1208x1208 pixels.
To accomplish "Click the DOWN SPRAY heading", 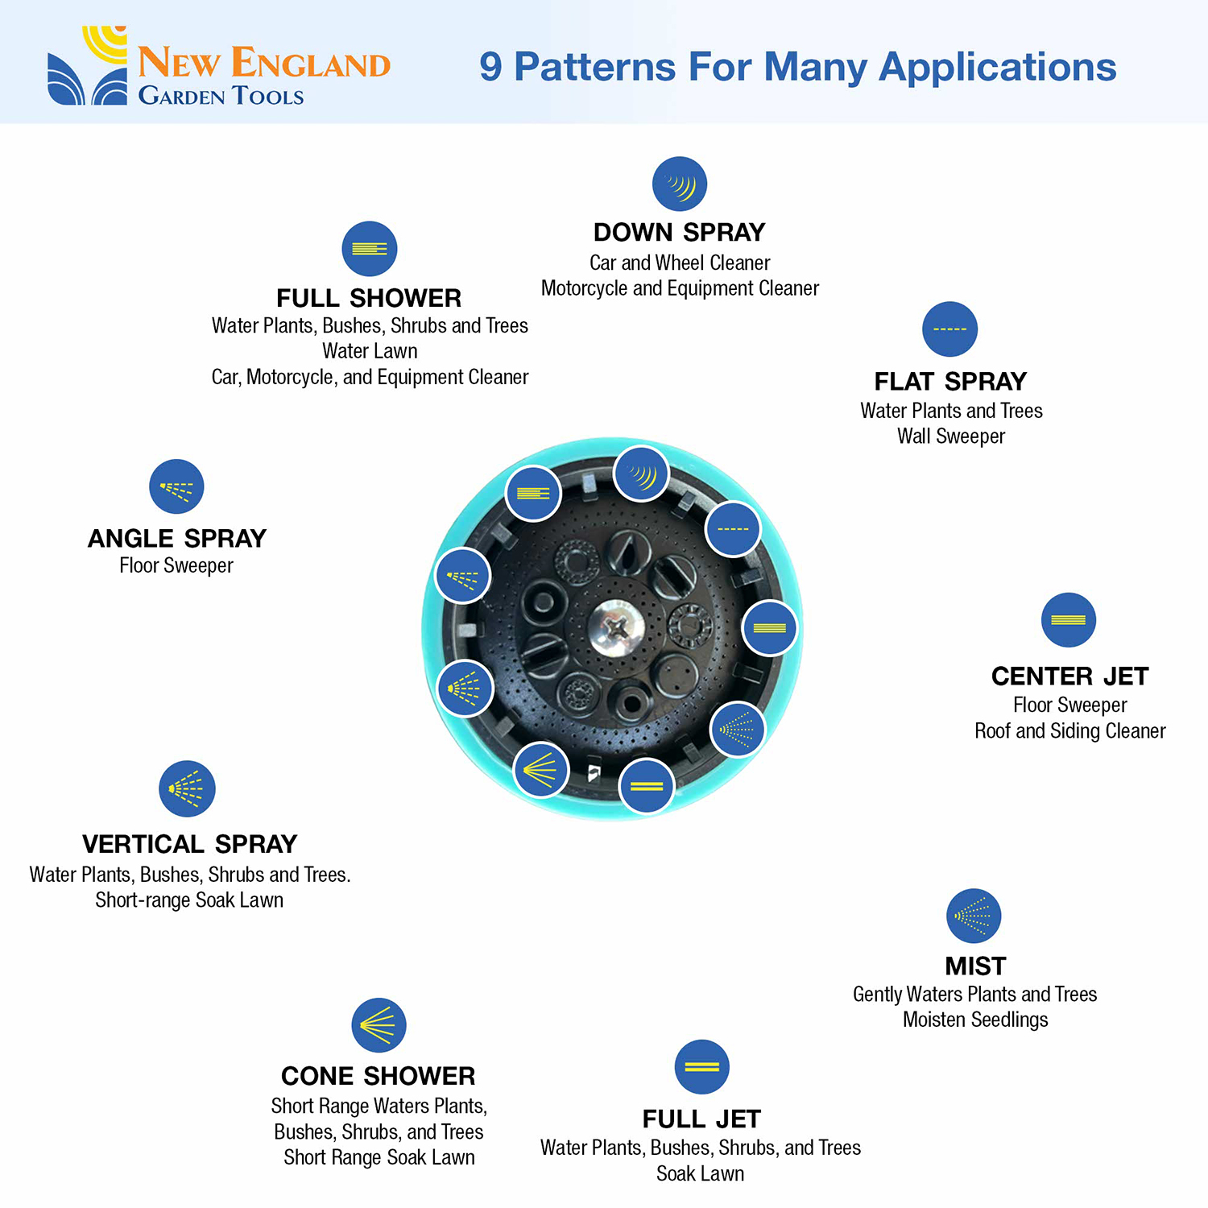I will click(x=679, y=233).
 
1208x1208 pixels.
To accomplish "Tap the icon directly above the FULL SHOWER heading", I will click(x=370, y=249).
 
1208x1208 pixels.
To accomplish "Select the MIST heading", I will click(x=975, y=966).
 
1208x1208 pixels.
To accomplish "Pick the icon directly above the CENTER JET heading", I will click(x=1069, y=620).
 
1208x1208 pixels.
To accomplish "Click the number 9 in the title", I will click(x=490, y=67).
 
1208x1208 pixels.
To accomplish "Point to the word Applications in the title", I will click(x=997, y=67).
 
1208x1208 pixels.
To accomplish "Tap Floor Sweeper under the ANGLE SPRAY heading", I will click(x=176, y=565).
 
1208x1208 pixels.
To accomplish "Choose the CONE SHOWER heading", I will click(x=379, y=1076).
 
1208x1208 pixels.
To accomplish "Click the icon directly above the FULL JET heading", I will click(x=701, y=1067).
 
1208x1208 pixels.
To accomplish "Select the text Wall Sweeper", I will click(x=951, y=436).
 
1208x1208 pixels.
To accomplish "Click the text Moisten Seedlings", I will click(x=975, y=1020).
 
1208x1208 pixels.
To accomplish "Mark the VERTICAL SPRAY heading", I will click(x=190, y=844).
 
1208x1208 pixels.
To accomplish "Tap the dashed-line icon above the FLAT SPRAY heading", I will click(x=950, y=329).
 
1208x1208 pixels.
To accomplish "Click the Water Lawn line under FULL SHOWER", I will click(x=370, y=351).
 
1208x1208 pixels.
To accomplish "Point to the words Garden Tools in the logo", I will click(x=221, y=96).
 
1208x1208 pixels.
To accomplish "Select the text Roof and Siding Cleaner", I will click(x=1069, y=731).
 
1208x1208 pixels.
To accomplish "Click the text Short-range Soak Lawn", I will click(x=189, y=900).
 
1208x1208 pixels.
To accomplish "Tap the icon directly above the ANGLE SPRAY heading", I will click(x=176, y=486).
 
